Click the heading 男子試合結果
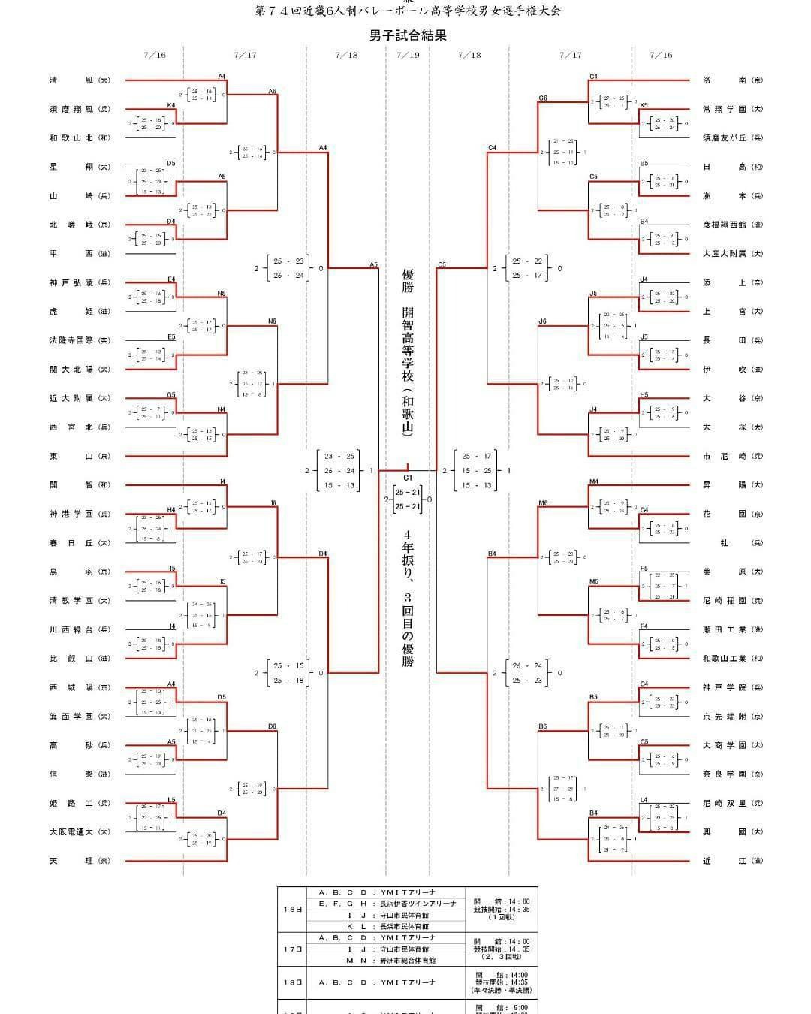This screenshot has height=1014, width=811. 408,35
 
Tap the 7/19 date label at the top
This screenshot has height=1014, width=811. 408,55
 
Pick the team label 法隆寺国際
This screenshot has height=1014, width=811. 74,340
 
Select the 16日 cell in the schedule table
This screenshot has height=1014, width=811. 293,909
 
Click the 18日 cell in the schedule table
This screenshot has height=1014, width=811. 293,982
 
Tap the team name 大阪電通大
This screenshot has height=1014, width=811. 74,831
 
